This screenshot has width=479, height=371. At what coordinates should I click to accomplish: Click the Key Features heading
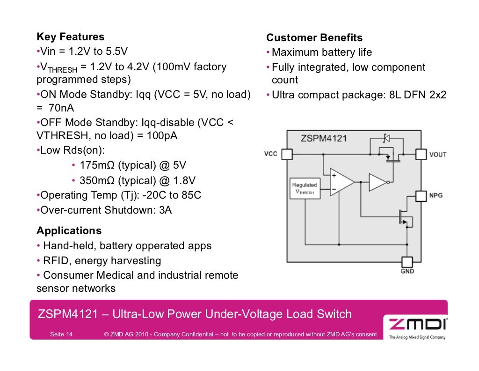(70, 37)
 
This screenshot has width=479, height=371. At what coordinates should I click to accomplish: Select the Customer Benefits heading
(314, 38)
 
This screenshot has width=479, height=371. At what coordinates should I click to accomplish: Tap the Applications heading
(69, 231)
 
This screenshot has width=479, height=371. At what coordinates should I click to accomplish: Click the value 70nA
(58, 109)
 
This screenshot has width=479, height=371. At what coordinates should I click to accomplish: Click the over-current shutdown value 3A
(166, 210)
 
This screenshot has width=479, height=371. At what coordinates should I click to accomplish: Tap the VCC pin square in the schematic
(287, 154)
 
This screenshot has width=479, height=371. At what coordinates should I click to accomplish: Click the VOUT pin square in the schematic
(421, 154)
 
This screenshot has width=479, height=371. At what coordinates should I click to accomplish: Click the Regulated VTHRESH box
(305, 188)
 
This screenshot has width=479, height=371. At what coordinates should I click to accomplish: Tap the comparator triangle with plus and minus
(341, 182)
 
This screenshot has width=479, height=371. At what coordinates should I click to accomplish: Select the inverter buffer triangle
(377, 182)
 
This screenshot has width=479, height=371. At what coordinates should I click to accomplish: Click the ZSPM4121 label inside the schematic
(324, 138)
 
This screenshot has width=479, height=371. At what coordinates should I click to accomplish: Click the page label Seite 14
(61, 334)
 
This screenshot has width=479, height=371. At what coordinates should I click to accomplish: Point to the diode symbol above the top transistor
(386, 138)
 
